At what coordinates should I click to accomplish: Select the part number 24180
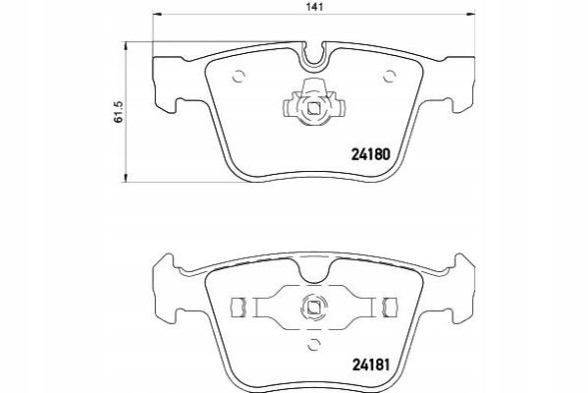368,154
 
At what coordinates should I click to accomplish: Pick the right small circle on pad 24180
387,73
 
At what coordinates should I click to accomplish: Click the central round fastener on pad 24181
312,308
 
